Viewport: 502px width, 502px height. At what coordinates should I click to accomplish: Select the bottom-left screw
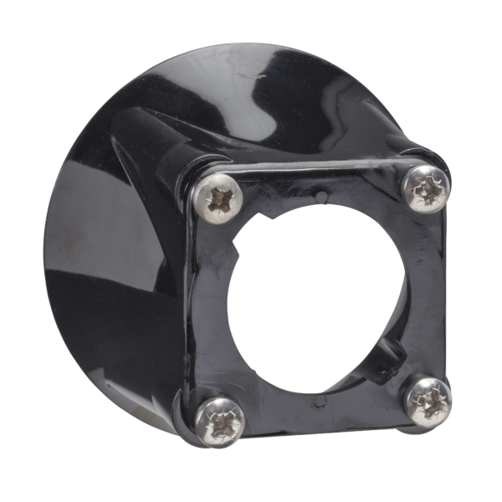point(220,421)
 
